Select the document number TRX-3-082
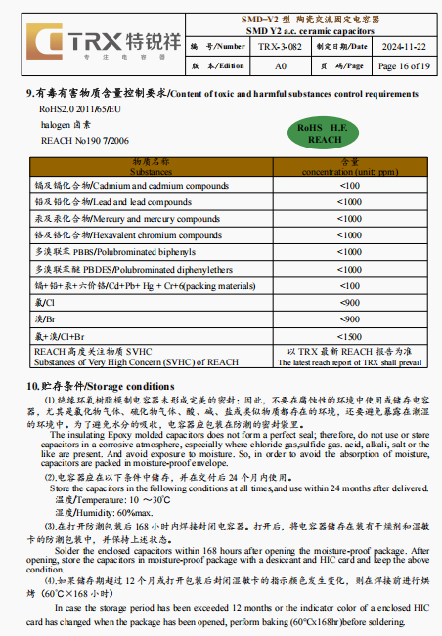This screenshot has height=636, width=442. coord(280,46)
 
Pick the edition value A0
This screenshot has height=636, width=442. coord(280,65)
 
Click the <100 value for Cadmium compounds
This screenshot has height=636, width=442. coord(349,185)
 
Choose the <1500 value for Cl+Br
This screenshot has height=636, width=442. coord(349,335)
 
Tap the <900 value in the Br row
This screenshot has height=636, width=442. coord(349,318)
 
